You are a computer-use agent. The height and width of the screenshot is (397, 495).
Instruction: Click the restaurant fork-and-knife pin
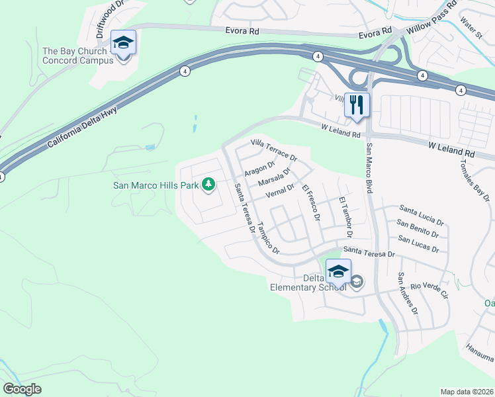point(357,105)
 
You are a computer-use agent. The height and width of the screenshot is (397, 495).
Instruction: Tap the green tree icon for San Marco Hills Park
point(209,184)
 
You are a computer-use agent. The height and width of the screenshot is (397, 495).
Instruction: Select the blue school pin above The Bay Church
point(123,44)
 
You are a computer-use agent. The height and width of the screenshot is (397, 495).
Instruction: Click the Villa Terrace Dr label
point(274,151)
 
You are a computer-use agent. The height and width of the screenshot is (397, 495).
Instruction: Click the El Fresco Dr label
point(311,203)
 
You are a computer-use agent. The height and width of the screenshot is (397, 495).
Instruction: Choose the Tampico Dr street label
point(269,238)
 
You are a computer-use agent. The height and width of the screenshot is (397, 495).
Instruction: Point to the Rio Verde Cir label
point(429,289)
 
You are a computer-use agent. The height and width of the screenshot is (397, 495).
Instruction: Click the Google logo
point(22,389)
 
